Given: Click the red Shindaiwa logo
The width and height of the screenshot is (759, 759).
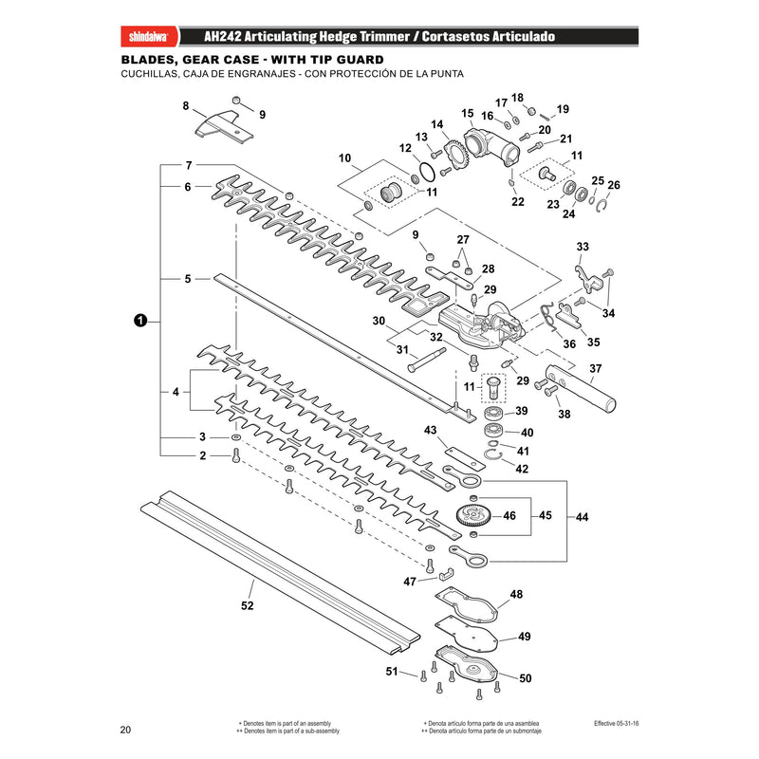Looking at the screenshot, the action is pyautogui.click(x=149, y=36).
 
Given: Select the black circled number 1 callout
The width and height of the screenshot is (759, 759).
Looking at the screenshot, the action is pyautogui.click(x=139, y=321).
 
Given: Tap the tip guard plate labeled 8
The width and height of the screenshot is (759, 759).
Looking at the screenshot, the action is pyautogui.click(x=224, y=126).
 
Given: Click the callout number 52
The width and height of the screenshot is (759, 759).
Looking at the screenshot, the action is pyautogui.click(x=247, y=605).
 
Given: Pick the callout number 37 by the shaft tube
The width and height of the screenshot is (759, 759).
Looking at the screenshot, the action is pyautogui.click(x=596, y=368).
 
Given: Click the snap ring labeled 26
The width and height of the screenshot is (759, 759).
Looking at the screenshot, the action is pyautogui.click(x=602, y=206).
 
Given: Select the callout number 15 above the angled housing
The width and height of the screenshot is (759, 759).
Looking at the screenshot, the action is pyautogui.click(x=467, y=113).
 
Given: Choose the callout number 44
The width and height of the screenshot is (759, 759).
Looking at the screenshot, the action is pyautogui.click(x=582, y=517).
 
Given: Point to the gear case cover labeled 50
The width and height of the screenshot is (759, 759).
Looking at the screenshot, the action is pyautogui.click(x=467, y=663).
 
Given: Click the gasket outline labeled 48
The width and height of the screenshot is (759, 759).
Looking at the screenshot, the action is pyautogui.click(x=466, y=605).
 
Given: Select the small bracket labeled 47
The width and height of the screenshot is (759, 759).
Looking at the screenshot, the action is pyautogui.click(x=446, y=574).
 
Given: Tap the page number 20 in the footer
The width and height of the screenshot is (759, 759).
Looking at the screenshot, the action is pyautogui.click(x=125, y=730).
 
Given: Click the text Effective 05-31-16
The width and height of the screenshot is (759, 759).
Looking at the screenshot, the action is pyautogui.click(x=616, y=723).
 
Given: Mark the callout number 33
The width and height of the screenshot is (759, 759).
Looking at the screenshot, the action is pyautogui.click(x=583, y=247).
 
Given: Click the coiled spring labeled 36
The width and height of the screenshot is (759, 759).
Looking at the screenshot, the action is pyautogui.click(x=549, y=316).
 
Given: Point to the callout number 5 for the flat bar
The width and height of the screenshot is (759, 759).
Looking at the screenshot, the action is pyautogui.click(x=188, y=279).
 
